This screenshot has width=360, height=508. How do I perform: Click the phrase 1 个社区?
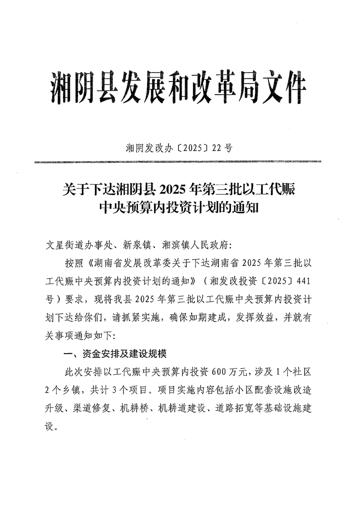pos(293,372)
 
